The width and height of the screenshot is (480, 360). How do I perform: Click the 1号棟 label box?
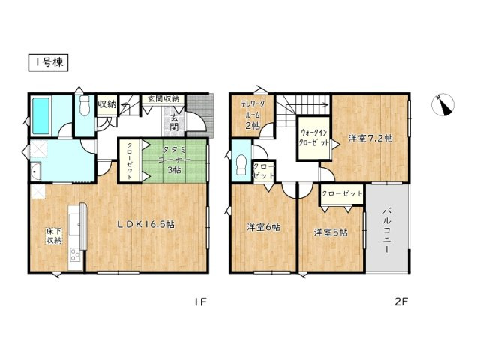click(49, 63)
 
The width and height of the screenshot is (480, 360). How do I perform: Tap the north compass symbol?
click(445, 106)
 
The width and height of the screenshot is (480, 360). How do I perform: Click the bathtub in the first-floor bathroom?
click(40, 114)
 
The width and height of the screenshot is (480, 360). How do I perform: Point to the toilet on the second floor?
click(241, 163)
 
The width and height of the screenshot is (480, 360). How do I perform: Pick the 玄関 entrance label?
click(173, 122)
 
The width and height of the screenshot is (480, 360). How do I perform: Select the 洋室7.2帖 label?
click(370, 139)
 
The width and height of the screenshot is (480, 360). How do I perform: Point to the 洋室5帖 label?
click(330, 232)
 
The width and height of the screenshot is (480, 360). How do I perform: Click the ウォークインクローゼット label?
click(314, 137)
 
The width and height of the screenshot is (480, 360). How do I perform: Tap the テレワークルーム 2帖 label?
click(252, 112)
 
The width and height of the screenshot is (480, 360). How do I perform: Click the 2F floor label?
click(402, 302)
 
